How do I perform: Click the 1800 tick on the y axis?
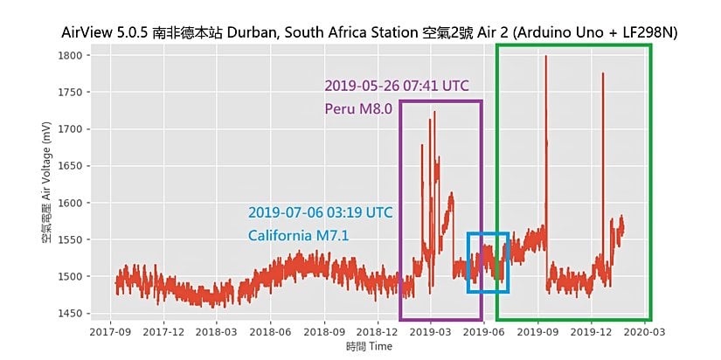(69, 55)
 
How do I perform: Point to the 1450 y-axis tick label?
(69, 314)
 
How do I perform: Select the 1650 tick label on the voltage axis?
(69, 166)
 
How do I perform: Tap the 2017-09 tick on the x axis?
(112, 332)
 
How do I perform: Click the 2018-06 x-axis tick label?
(273, 332)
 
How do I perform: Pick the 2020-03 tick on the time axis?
(647, 332)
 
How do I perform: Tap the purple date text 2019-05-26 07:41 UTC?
(397, 86)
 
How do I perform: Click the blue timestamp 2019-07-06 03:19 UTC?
(320, 212)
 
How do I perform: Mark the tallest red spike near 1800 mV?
(545, 58)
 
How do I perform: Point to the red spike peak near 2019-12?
(603, 74)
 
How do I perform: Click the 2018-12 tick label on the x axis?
(379, 332)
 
